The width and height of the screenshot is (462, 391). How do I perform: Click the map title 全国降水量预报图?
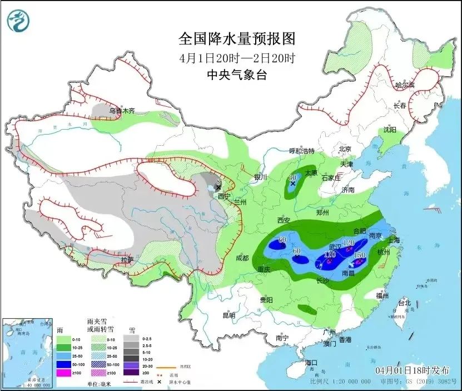[237, 39]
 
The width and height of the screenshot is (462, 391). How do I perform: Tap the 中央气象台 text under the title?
[237, 75]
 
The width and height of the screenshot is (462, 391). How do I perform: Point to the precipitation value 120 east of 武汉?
[349, 243]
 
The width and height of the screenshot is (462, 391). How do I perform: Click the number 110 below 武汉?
[330, 254]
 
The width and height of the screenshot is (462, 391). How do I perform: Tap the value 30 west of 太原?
[292, 178]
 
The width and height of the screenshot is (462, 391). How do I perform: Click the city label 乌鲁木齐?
[122, 111]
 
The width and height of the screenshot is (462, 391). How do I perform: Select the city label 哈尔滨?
[405, 85]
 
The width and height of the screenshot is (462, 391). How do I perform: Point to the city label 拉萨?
[127, 259]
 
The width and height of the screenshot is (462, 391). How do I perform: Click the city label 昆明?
[228, 315]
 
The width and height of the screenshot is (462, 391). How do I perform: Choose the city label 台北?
[404, 303]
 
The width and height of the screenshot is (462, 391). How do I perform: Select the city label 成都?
[241, 258]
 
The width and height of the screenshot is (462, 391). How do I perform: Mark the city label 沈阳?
[390, 130]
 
